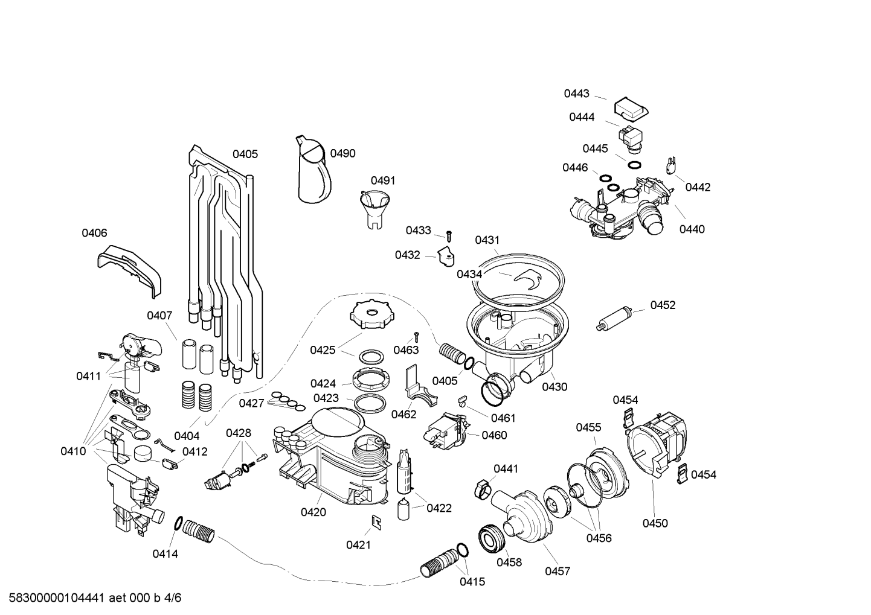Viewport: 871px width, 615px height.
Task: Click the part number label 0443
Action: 577,94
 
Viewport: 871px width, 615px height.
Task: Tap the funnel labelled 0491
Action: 374,208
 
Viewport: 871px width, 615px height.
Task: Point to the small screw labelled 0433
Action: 449,236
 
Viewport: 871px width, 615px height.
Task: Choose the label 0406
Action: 94,233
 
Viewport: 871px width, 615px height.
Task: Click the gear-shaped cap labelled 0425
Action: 371,314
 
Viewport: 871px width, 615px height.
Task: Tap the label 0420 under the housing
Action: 313,512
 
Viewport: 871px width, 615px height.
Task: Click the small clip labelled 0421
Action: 376,522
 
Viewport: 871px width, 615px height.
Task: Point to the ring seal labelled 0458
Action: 492,538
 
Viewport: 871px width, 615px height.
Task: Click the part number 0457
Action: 557,571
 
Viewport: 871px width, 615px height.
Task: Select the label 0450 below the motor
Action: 655,523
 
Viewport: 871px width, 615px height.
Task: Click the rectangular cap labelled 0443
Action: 631,107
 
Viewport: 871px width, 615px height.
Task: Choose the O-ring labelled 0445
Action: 635,165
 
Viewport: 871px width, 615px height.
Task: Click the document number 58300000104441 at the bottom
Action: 56,598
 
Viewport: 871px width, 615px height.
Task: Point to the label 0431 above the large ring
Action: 487,240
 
